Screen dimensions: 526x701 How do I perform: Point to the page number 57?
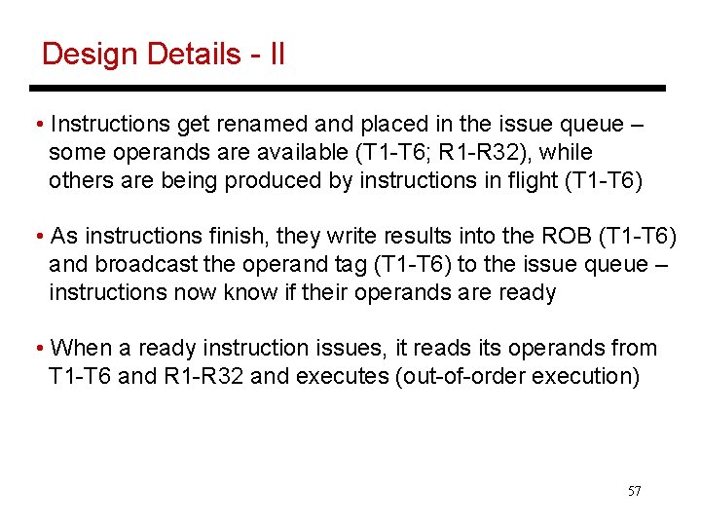click(x=634, y=491)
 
